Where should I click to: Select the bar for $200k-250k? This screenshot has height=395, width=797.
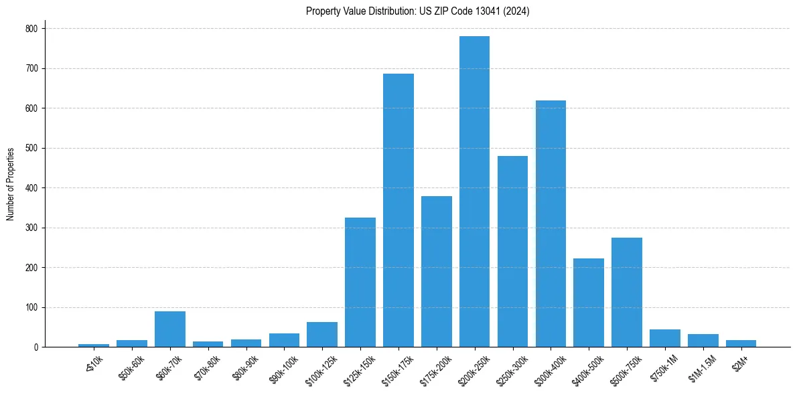pos(474,191)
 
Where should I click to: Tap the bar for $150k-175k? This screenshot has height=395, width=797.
pos(398,210)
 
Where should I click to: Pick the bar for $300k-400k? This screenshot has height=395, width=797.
pos(551,224)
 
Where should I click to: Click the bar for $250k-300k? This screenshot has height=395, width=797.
pos(512,252)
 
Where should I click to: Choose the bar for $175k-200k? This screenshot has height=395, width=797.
pos(437,272)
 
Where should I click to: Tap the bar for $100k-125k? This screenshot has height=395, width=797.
pos(322,335)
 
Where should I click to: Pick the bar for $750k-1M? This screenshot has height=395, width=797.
pos(665,338)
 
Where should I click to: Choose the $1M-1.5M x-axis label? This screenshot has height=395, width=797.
pos(701,368)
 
